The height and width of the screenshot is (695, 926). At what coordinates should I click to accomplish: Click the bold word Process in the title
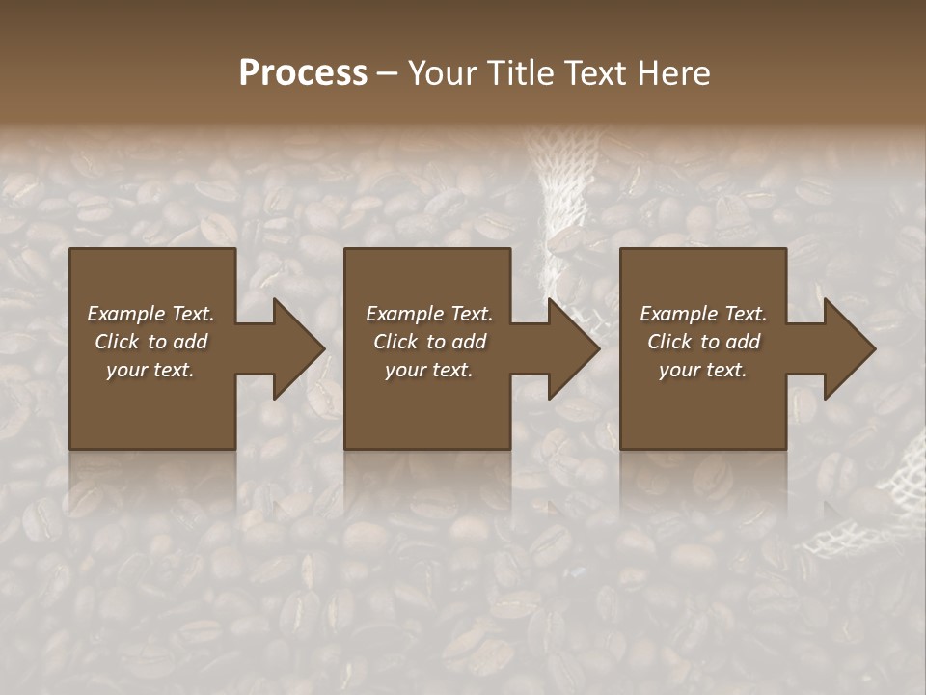(x=303, y=73)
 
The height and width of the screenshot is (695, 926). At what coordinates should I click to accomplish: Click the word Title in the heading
(x=518, y=73)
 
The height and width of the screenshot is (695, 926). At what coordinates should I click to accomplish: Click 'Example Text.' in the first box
(x=150, y=314)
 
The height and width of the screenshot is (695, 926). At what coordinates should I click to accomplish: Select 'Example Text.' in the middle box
(x=429, y=314)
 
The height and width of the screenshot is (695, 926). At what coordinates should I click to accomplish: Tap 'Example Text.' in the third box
(x=703, y=314)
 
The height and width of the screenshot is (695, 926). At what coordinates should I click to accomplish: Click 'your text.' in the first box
(x=150, y=370)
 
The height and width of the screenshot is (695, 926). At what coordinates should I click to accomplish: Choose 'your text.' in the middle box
(x=429, y=370)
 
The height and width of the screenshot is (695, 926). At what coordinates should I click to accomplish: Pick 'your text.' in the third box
(x=703, y=370)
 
